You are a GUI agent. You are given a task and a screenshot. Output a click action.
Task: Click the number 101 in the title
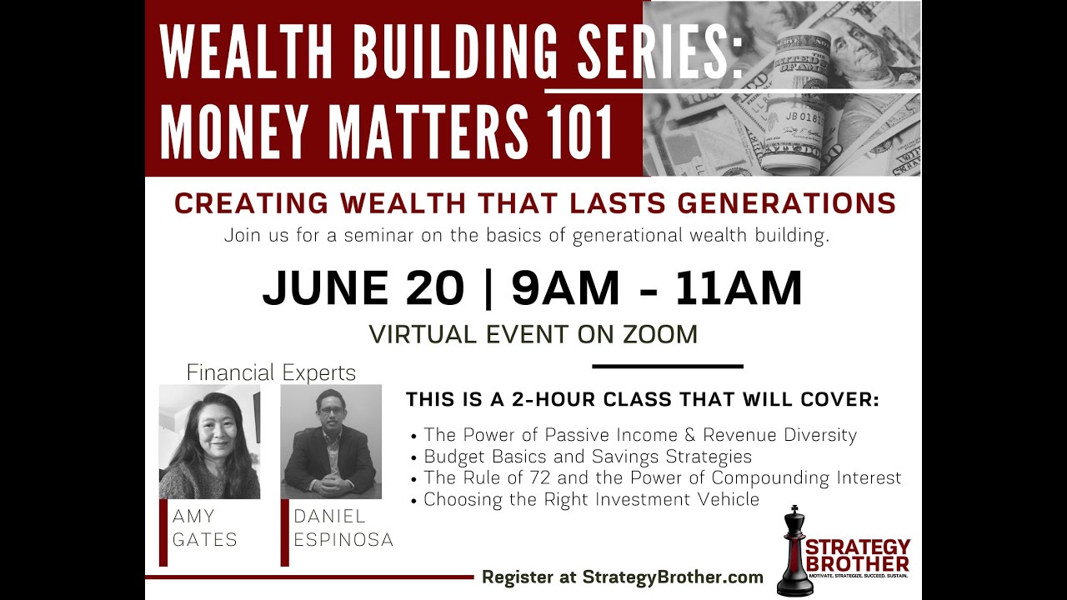pos(575,130)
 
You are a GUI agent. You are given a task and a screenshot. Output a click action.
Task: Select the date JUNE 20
pos(363,288)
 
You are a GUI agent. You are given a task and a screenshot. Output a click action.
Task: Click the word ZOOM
pos(658,334)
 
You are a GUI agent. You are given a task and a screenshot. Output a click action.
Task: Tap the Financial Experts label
pos(271,372)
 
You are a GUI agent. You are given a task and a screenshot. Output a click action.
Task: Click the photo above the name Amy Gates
pos(209,442)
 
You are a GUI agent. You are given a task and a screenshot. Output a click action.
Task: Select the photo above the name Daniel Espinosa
pos(331,442)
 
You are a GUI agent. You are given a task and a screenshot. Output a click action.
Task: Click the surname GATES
pos(205,540)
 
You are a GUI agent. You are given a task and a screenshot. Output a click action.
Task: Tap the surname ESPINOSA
pos(343,540)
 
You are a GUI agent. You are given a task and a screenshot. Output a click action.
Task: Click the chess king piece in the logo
pos(794,552)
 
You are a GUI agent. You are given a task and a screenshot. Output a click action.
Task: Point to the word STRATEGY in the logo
pos(858,547)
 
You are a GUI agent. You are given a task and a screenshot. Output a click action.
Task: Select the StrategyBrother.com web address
pos(673,577)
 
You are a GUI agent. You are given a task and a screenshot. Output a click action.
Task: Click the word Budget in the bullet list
pos(451,457)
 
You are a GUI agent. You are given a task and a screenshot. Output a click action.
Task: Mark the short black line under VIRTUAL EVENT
pos(667,366)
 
